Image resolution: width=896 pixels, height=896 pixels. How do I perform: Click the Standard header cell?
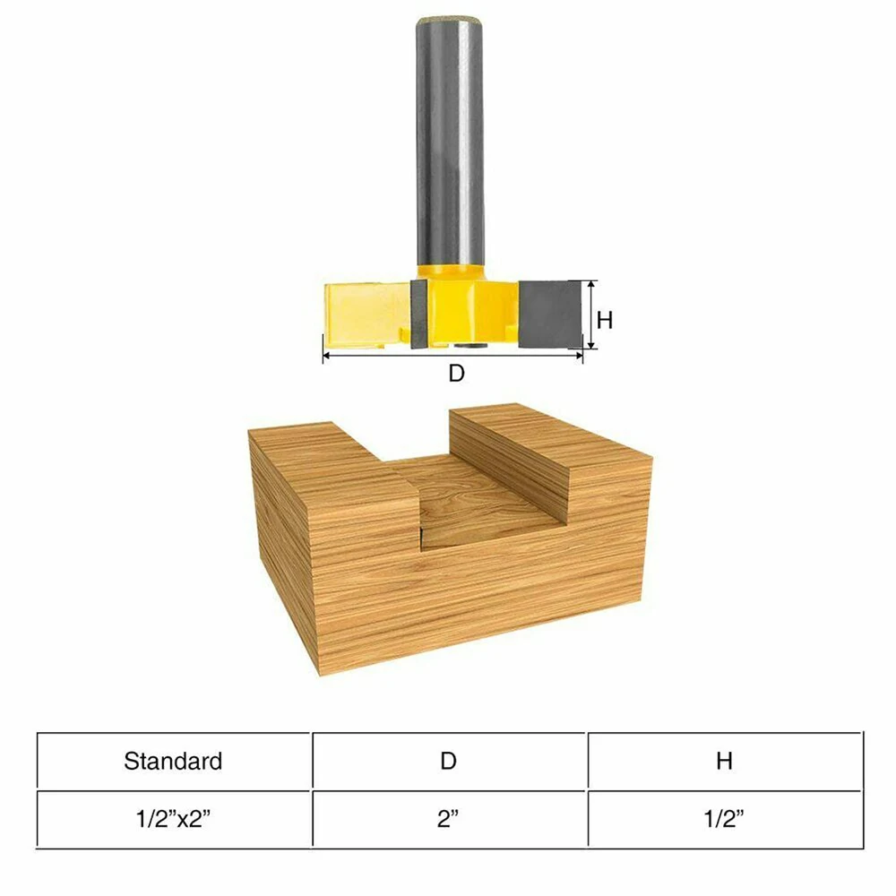point(173,762)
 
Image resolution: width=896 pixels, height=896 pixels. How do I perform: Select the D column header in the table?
point(449,762)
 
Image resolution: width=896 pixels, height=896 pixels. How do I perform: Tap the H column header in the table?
point(724,762)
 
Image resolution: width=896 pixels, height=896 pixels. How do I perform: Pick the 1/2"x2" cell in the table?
point(173,820)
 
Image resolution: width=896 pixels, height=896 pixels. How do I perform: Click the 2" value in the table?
point(449,820)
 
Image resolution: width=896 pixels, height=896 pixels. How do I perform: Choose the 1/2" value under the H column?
point(724,820)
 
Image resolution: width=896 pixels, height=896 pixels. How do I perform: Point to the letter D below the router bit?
point(456,375)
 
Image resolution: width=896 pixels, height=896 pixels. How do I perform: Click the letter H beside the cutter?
point(605,320)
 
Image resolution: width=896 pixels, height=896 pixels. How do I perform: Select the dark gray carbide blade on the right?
point(549,314)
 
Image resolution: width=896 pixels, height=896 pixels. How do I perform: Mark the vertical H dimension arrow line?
point(591,314)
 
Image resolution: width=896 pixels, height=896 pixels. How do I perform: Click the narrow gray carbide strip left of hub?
point(418,314)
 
